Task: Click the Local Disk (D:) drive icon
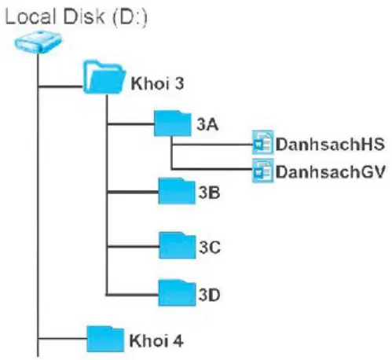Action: (x=38, y=42)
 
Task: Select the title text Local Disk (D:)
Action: (x=76, y=17)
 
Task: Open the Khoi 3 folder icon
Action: (x=104, y=77)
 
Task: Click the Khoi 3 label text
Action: (x=157, y=83)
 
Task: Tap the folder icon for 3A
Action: (x=172, y=123)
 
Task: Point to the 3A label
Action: (x=207, y=124)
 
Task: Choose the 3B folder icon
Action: (x=177, y=191)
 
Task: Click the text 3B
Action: (x=209, y=193)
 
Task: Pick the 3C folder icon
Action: (x=178, y=245)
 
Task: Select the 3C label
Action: (x=210, y=247)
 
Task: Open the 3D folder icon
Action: (x=177, y=293)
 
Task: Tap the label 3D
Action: (x=209, y=295)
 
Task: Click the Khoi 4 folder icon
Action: (x=105, y=339)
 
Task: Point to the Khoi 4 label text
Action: (x=156, y=340)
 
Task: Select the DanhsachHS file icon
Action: (x=262, y=142)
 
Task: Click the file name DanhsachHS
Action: (x=330, y=145)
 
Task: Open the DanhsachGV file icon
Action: (x=262, y=171)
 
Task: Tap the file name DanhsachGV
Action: (x=331, y=172)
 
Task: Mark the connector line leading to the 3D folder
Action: (x=132, y=295)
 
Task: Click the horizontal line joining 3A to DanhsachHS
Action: (x=211, y=145)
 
